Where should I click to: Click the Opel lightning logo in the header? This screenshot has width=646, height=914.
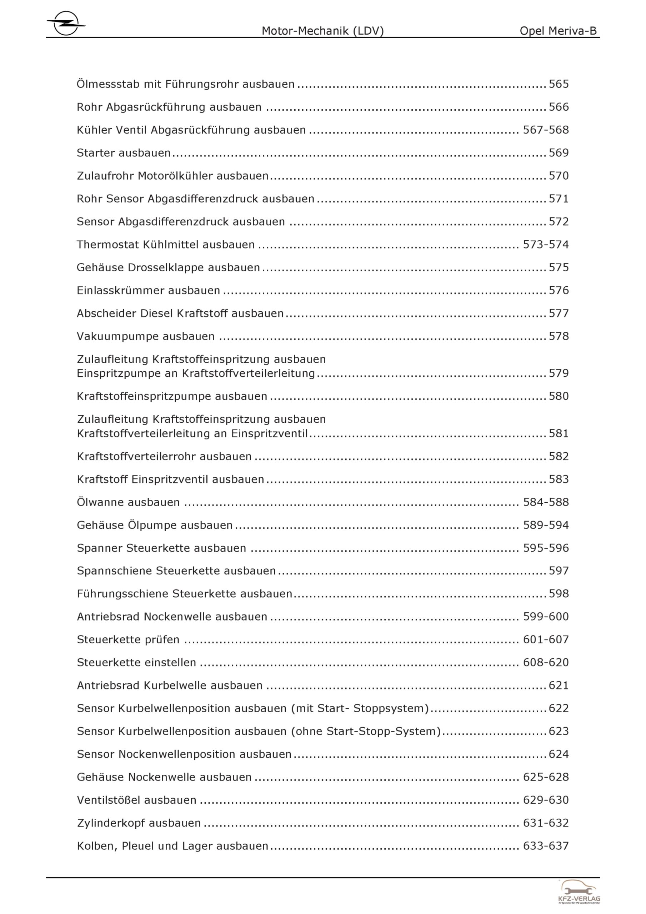click(x=66, y=24)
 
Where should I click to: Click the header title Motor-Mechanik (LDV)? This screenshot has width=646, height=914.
click(x=322, y=31)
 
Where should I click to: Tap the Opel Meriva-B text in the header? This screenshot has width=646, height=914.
click(x=558, y=31)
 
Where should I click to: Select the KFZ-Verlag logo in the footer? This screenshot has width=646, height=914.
click(x=579, y=892)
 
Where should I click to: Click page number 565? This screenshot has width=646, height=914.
click(x=559, y=84)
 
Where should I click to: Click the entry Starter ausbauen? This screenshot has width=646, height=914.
click(x=124, y=153)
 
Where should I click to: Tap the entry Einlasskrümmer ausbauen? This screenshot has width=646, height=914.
click(x=148, y=291)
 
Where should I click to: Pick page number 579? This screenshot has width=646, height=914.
click(x=559, y=373)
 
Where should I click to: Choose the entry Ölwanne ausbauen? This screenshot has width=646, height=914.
click(x=128, y=502)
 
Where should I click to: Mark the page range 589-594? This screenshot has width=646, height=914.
click(x=546, y=525)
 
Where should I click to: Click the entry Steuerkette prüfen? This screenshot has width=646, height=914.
click(x=128, y=640)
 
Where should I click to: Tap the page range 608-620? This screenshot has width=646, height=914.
click(x=546, y=662)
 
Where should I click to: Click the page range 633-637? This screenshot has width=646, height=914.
click(x=546, y=846)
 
